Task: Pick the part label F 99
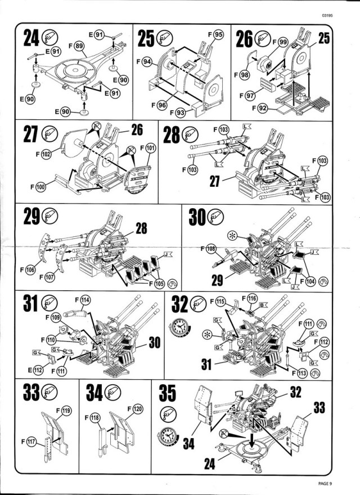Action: point(280,42)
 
